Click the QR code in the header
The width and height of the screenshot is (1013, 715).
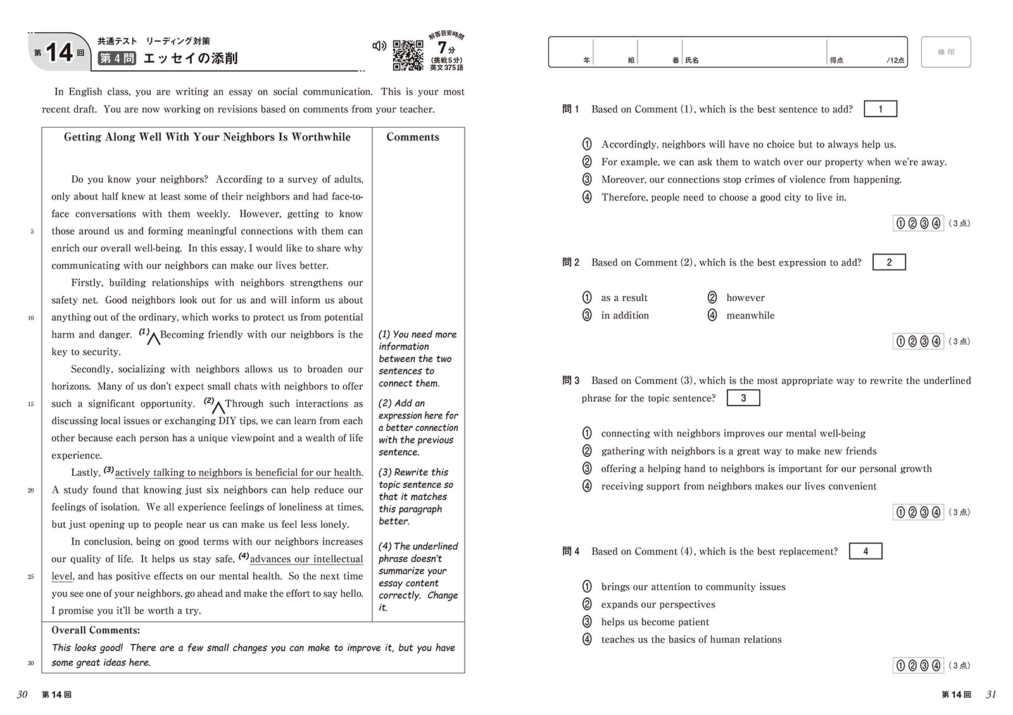tap(408, 55)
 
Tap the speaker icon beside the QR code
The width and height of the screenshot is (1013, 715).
tap(379, 46)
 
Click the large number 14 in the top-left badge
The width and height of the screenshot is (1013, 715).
tap(60, 53)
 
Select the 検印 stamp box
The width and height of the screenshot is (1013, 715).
tap(946, 52)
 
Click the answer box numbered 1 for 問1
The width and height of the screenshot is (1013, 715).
tap(880, 109)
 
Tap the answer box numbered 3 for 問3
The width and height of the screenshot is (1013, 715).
tap(743, 398)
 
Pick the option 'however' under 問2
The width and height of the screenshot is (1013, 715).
tap(745, 297)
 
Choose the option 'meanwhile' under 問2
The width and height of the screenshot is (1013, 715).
tap(750, 315)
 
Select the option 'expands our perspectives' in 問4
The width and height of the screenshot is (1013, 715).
tap(658, 604)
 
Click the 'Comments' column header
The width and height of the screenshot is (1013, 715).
tap(413, 137)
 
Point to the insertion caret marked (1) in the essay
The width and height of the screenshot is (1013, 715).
tap(153, 339)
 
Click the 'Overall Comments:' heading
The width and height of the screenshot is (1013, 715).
tap(96, 630)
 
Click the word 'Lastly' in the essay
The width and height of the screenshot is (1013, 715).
tap(85, 473)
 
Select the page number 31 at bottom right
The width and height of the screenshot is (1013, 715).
tap(991, 694)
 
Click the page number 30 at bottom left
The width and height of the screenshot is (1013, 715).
tap(22, 694)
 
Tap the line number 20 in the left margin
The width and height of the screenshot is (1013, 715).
tap(30, 490)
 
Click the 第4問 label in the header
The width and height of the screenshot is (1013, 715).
tap(117, 59)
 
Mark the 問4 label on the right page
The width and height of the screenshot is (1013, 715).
tap(570, 551)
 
